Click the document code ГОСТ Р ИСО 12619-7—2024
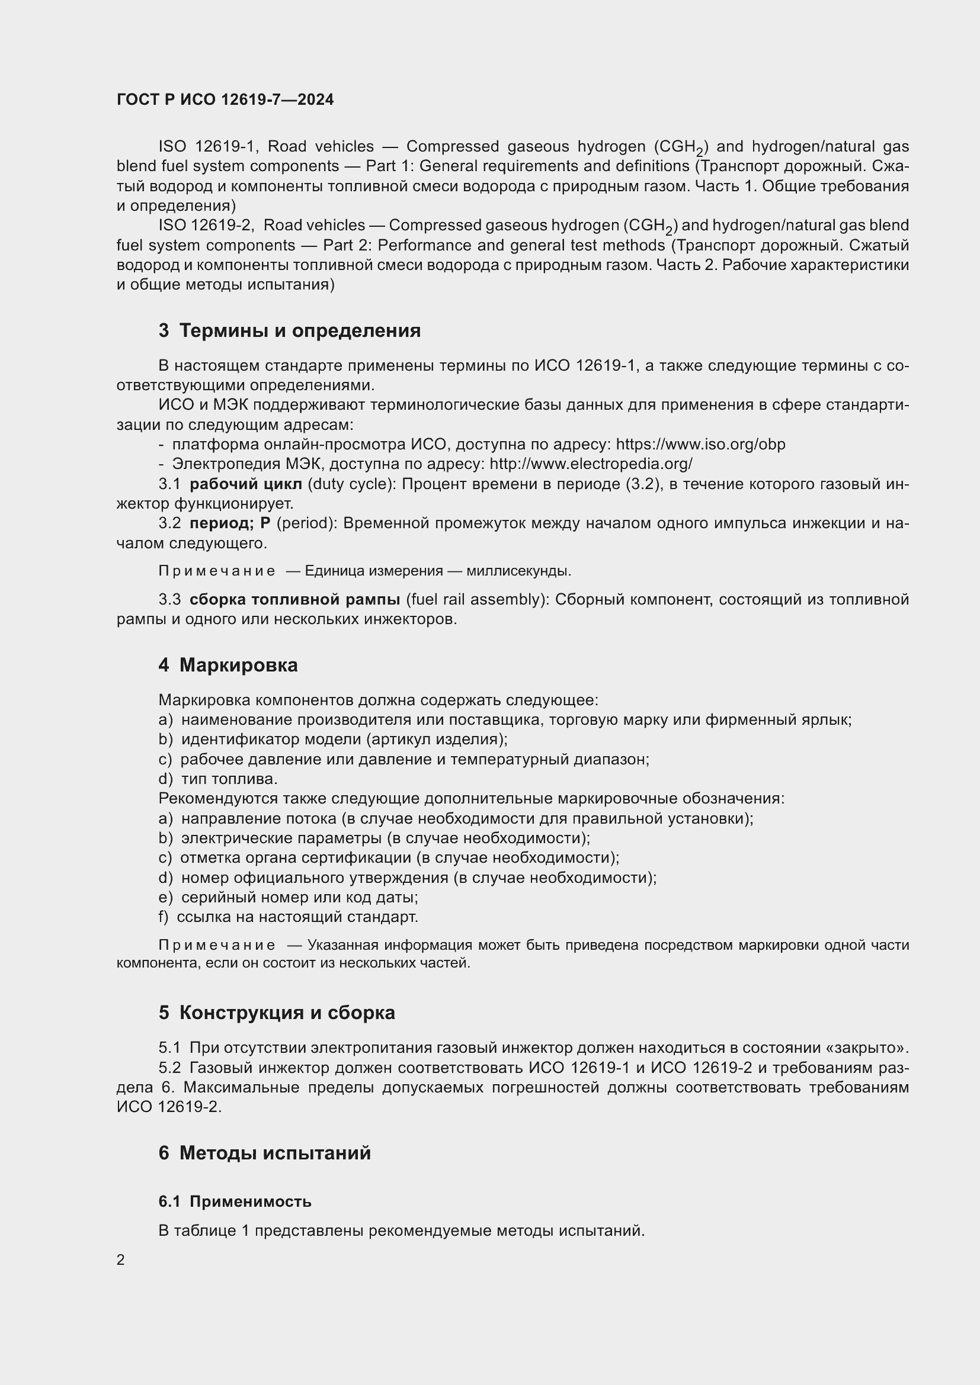coord(225,99)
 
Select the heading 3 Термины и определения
coord(290,330)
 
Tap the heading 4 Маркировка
coord(228,665)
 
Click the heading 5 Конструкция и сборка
coord(277,1012)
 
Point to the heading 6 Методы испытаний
coord(265,1153)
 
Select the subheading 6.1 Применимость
coord(235,1201)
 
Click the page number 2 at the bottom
coord(121,1259)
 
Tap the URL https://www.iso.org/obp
coord(700,445)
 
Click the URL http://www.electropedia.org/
coord(591,464)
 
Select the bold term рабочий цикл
coord(246,484)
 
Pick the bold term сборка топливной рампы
coord(294,599)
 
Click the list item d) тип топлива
coord(218,779)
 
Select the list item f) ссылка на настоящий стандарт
coord(288,917)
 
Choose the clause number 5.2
coord(169,1068)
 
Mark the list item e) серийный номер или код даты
coord(288,897)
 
